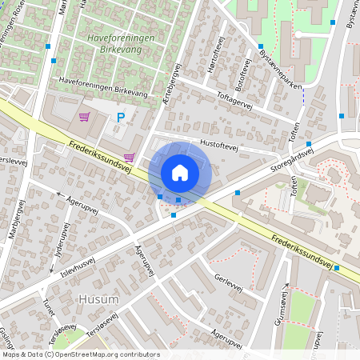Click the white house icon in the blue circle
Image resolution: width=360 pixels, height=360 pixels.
click(x=180, y=173)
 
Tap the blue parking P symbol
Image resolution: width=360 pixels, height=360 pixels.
click(x=121, y=118)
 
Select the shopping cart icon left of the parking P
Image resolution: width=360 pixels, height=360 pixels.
click(x=84, y=117)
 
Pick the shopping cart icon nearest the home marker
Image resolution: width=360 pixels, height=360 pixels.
click(x=129, y=158)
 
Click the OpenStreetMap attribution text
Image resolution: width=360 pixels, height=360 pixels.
click(x=80, y=354)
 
